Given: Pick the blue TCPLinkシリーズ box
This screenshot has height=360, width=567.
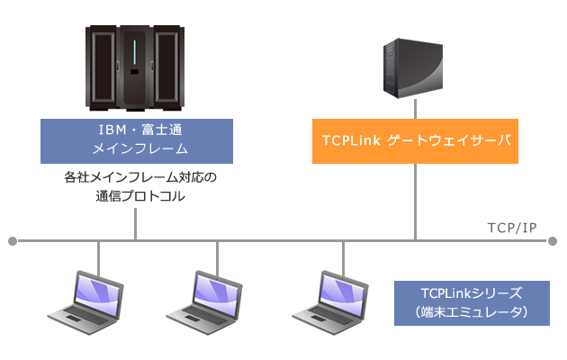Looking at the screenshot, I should click(472, 302).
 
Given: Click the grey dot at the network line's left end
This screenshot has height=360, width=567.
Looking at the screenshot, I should click(13, 241).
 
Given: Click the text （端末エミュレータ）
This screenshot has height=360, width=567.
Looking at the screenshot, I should click(472, 312).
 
